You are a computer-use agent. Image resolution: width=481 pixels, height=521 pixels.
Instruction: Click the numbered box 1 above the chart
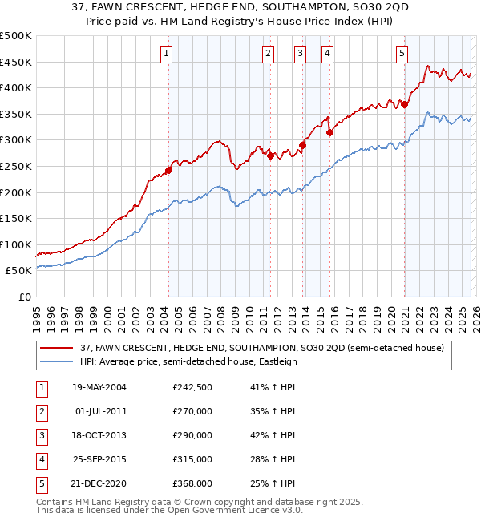click(166, 54)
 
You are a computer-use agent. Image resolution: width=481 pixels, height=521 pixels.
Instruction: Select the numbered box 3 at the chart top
click(299, 54)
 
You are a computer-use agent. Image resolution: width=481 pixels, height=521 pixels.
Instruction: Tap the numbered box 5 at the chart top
click(402, 54)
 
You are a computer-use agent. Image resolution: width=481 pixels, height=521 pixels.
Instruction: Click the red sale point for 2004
click(169, 170)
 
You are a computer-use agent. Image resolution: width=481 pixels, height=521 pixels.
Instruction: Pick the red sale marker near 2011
click(270, 155)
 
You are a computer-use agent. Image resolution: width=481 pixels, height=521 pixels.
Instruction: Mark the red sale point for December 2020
click(405, 104)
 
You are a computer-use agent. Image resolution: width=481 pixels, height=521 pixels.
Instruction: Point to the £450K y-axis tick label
click(16, 62)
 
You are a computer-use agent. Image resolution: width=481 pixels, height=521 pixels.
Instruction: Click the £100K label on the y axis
click(16, 244)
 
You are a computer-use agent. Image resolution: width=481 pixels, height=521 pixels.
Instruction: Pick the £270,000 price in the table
click(192, 411)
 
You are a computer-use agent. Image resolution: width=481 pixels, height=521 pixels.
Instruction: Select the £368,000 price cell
click(192, 483)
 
